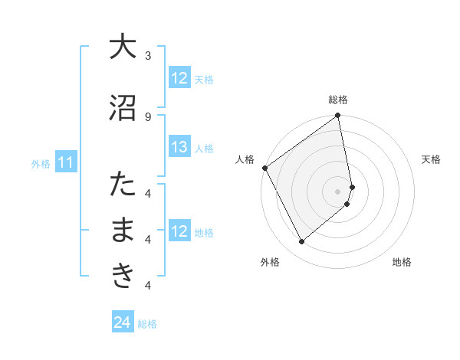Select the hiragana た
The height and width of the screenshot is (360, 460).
click(123, 185)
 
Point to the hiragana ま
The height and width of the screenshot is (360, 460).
click(123, 231)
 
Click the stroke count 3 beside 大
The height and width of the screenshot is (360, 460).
click(148, 56)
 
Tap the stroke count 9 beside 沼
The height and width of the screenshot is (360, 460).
click(148, 116)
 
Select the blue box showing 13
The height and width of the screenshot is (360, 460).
click(179, 147)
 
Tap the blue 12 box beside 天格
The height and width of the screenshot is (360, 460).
click(179, 78)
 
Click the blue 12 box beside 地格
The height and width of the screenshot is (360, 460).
click(179, 231)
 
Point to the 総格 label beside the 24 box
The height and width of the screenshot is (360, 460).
click(147, 324)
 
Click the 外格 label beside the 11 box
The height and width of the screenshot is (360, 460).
click(41, 163)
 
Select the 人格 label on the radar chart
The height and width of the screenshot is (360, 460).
click(245, 159)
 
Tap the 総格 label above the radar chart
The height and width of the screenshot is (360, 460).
click(338, 100)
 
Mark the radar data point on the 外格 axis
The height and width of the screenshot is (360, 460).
click(302, 242)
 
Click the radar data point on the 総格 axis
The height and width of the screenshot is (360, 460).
click(338, 116)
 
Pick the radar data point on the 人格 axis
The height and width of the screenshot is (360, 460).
click(264, 168)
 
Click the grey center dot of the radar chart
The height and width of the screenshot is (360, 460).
click(338, 191)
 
